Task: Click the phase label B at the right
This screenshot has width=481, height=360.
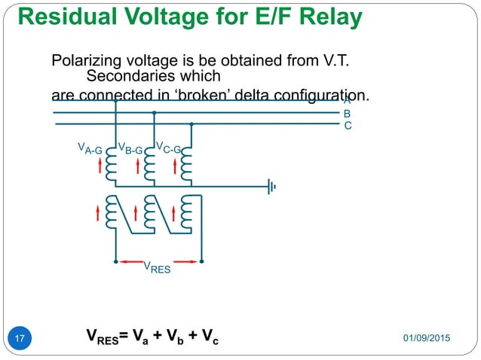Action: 348,113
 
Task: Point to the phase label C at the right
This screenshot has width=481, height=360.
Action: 348,126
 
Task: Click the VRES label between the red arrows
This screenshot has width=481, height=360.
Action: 158,267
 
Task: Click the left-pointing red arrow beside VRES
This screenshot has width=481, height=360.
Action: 131,261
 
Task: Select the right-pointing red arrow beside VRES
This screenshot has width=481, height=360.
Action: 185,261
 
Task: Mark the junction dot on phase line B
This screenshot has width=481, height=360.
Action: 154,113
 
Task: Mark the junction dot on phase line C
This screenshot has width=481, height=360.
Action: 191,124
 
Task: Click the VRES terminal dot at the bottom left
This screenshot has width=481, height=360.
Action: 115,261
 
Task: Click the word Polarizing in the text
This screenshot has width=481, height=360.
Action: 84,60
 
